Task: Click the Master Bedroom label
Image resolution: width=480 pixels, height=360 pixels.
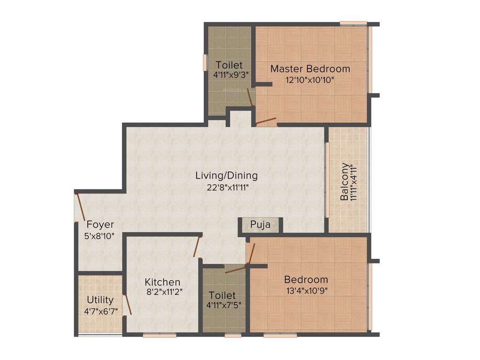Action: point(310,69)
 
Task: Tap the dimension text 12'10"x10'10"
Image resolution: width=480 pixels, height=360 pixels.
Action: point(310,80)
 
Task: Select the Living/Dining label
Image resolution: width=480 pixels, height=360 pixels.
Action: point(226,176)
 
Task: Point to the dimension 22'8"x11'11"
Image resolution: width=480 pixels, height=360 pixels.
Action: point(226,187)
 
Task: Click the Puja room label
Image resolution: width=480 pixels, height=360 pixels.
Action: point(260,225)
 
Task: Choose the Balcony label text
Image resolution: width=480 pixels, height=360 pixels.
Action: point(345,182)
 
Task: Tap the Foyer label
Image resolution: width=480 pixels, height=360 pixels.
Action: point(100,225)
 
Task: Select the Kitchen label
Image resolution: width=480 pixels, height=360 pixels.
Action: point(162,282)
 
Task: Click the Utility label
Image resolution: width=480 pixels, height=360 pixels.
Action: point(100,300)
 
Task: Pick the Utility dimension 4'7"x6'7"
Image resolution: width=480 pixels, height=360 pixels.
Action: point(100,310)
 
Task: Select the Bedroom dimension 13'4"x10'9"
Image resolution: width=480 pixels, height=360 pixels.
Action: point(306,291)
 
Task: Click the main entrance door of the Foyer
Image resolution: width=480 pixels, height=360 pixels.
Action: point(80,206)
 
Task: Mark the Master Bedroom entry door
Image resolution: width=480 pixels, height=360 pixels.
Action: point(266,122)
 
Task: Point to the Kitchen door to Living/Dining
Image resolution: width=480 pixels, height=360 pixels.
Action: point(197,247)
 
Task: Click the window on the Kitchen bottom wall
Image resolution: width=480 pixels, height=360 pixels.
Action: point(159,335)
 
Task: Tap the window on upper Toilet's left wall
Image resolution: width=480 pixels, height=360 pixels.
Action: point(205,62)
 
